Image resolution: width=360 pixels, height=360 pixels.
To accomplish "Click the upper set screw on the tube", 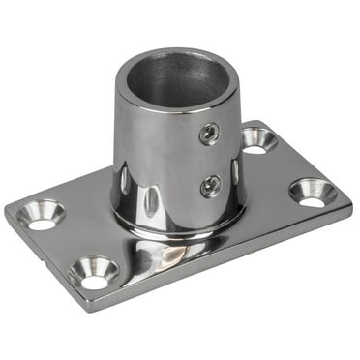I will pos(209,134).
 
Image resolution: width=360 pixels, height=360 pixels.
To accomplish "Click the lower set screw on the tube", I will pos(210,185).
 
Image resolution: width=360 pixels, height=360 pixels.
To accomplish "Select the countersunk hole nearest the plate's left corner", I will pos(42,215).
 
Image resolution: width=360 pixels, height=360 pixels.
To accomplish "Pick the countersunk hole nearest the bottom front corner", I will pos(95,274).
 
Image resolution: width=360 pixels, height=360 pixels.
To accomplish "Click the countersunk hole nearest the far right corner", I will pos(313,192).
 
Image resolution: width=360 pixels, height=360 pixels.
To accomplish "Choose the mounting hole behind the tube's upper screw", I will pos(258,139).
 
